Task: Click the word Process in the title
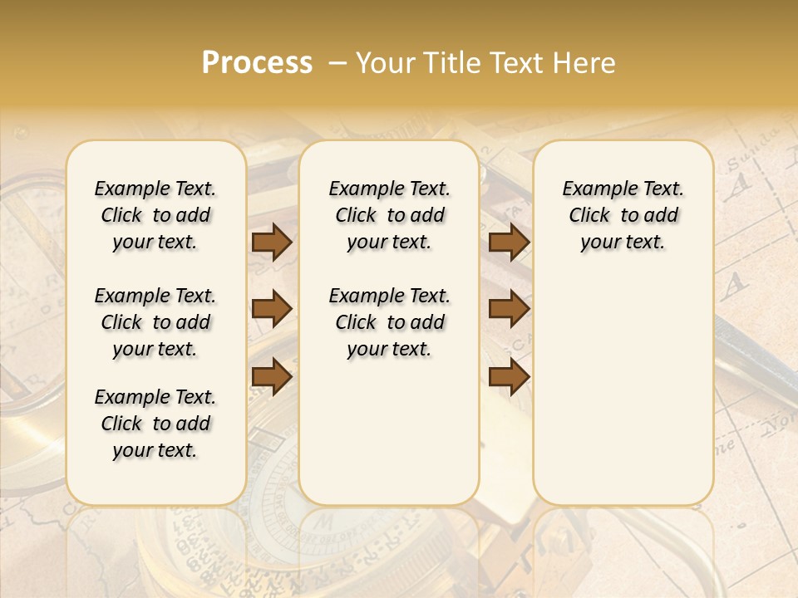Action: tap(257, 63)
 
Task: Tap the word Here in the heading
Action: tap(584, 63)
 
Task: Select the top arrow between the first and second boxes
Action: tap(272, 242)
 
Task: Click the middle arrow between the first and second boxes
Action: tap(272, 309)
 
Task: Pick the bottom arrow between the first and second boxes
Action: tap(272, 376)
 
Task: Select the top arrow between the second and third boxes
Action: tap(509, 242)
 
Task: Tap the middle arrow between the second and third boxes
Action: tap(509, 309)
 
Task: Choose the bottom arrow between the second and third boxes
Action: tap(509, 376)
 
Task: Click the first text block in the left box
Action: tap(155, 215)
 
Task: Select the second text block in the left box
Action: tap(155, 322)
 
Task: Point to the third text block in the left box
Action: tap(155, 424)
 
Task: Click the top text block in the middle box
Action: tap(389, 215)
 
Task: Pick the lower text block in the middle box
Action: tap(389, 322)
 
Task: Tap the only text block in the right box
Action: tap(623, 215)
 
